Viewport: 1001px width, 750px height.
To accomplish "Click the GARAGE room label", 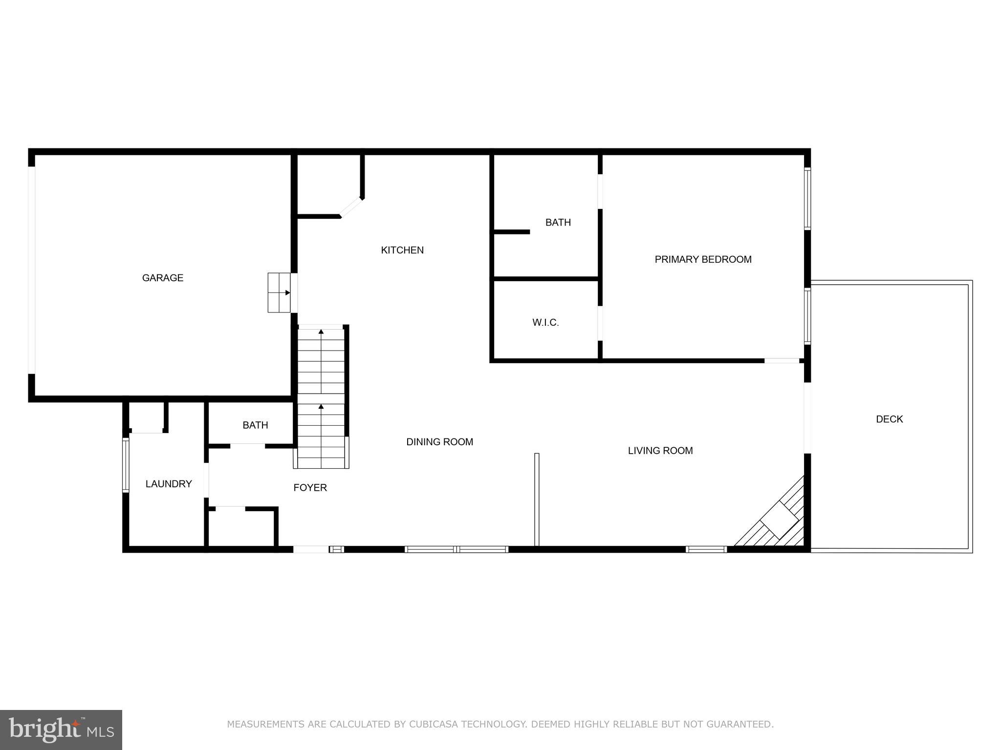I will [x=162, y=278].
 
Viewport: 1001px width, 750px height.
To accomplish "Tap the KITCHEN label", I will [x=402, y=250].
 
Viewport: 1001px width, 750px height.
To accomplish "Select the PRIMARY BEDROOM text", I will [x=703, y=259].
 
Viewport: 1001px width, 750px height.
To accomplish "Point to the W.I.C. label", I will [x=545, y=322].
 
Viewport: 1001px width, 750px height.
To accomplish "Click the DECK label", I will [x=889, y=419].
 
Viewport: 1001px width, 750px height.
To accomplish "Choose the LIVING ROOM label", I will [x=660, y=451].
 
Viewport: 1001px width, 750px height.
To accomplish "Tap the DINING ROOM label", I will [x=439, y=442].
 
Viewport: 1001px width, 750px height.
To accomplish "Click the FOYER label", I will [x=310, y=487].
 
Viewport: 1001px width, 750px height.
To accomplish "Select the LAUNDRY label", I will [x=168, y=484].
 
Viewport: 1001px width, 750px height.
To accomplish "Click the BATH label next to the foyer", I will [x=255, y=425].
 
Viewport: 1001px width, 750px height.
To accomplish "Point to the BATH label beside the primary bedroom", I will [x=558, y=223].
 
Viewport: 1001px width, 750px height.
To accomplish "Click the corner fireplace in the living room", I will [x=781, y=521].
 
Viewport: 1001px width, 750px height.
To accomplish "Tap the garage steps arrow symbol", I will [x=287, y=293].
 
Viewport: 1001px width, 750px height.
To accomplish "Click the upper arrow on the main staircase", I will [x=321, y=332].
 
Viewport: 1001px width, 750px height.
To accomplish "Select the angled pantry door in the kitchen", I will [x=351, y=207].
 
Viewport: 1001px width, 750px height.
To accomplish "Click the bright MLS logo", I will [x=61, y=729].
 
